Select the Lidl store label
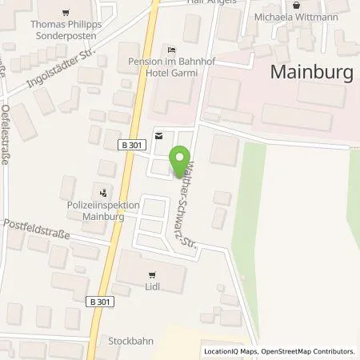153,284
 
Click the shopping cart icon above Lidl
153,273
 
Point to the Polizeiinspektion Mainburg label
104,210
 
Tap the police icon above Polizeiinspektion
103,192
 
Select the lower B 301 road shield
99,301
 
